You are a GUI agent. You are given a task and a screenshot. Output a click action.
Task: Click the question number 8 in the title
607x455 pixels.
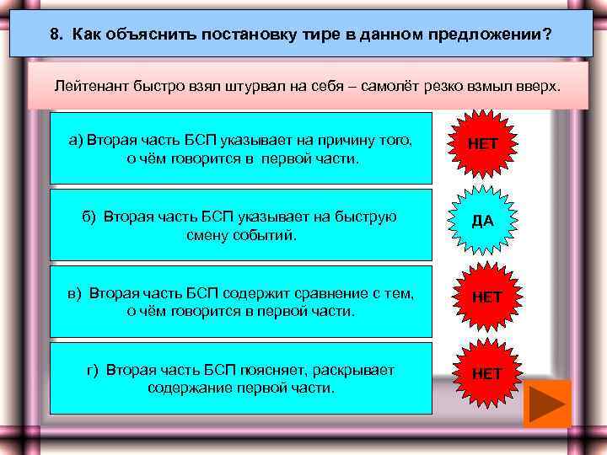[55, 35]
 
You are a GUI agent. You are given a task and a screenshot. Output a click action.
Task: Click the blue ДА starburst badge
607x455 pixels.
[483, 222]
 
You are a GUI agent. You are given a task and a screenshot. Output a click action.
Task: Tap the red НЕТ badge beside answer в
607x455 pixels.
[486, 297]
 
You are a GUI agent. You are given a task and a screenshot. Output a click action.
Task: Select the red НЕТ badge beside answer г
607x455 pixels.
[486, 372]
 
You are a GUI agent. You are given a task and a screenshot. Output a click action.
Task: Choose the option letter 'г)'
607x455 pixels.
[94, 370]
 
